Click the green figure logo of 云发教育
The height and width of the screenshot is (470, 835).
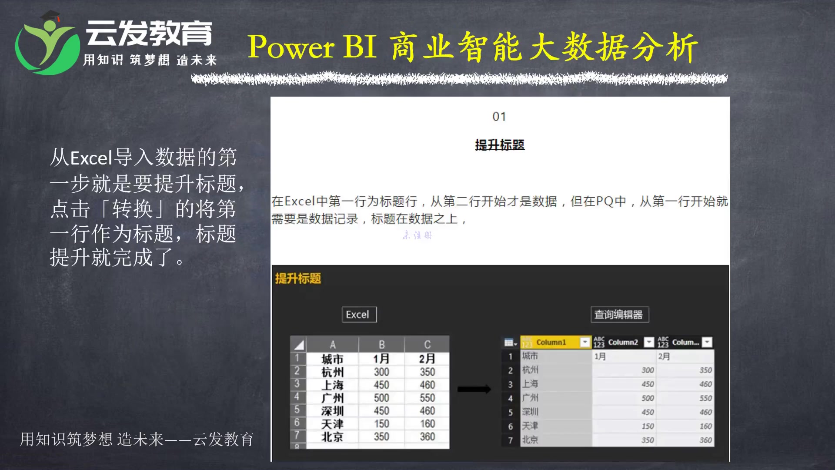[46, 46]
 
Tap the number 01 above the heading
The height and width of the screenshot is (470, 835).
[499, 117]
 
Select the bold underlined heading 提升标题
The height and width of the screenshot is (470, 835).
[500, 145]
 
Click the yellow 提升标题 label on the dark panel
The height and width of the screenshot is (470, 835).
[298, 279]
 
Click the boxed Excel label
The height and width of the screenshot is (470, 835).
[359, 315]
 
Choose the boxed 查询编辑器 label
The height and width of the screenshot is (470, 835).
[619, 315]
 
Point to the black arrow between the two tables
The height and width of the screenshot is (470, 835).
[474, 389]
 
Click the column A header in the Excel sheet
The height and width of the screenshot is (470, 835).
[332, 345]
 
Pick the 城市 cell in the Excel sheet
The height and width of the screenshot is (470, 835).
[332, 359]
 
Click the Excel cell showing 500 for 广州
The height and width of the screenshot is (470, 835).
[381, 398]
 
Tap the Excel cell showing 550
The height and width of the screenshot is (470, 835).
[427, 398]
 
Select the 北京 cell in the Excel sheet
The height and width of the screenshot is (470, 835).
[332, 436]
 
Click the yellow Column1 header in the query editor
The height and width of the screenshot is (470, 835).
[551, 342]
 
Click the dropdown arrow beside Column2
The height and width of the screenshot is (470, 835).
[649, 342]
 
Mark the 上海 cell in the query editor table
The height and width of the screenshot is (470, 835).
[530, 384]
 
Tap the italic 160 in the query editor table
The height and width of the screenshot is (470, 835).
[705, 426]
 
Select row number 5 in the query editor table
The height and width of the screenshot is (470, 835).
[511, 412]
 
